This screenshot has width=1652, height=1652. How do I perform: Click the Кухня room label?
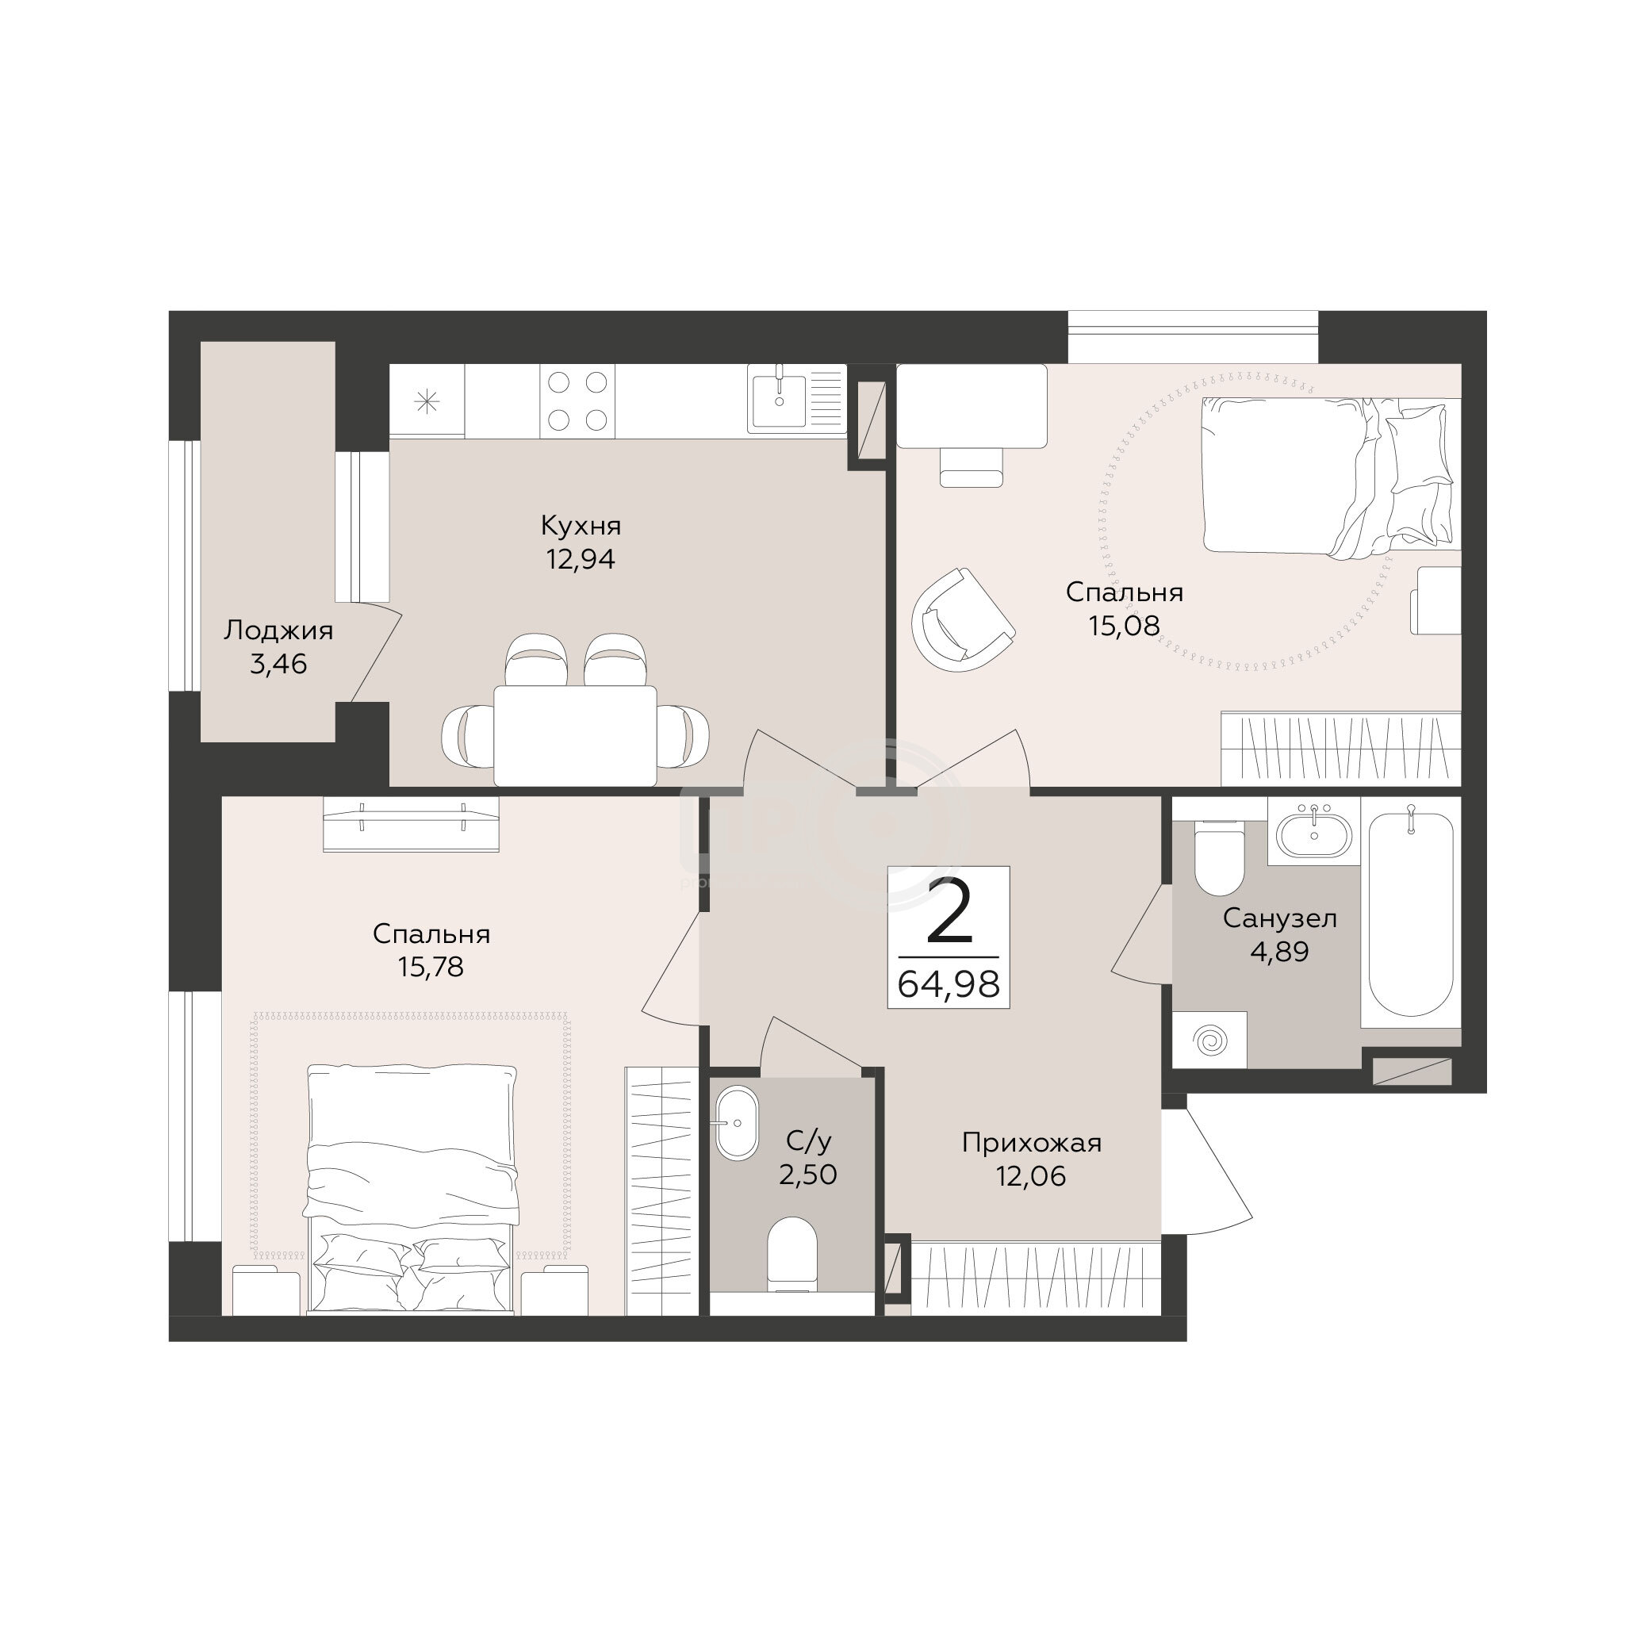(x=581, y=524)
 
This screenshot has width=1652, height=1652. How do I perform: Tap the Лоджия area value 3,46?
(x=278, y=664)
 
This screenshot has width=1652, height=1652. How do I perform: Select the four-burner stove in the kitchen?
(x=577, y=401)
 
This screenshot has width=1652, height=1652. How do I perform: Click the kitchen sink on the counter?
(x=777, y=398)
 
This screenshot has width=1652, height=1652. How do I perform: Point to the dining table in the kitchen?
(x=576, y=735)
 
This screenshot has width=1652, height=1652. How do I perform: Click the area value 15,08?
(x=1125, y=626)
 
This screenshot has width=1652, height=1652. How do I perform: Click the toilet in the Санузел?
(x=1219, y=857)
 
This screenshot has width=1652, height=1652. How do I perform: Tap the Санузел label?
(x=1280, y=918)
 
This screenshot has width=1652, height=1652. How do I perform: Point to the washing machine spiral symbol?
(x=1210, y=1040)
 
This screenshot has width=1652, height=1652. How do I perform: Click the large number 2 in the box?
(x=949, y=910)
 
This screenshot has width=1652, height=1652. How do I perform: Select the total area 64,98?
(x=949, y=984)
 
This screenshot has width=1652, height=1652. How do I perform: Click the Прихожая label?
(x=1032, y=1142)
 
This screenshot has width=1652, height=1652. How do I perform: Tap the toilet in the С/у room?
(x=792, y=1255)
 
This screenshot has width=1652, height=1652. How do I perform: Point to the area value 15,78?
(x=431, y=967)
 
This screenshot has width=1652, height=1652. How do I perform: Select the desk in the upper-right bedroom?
(x=972, y=406)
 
